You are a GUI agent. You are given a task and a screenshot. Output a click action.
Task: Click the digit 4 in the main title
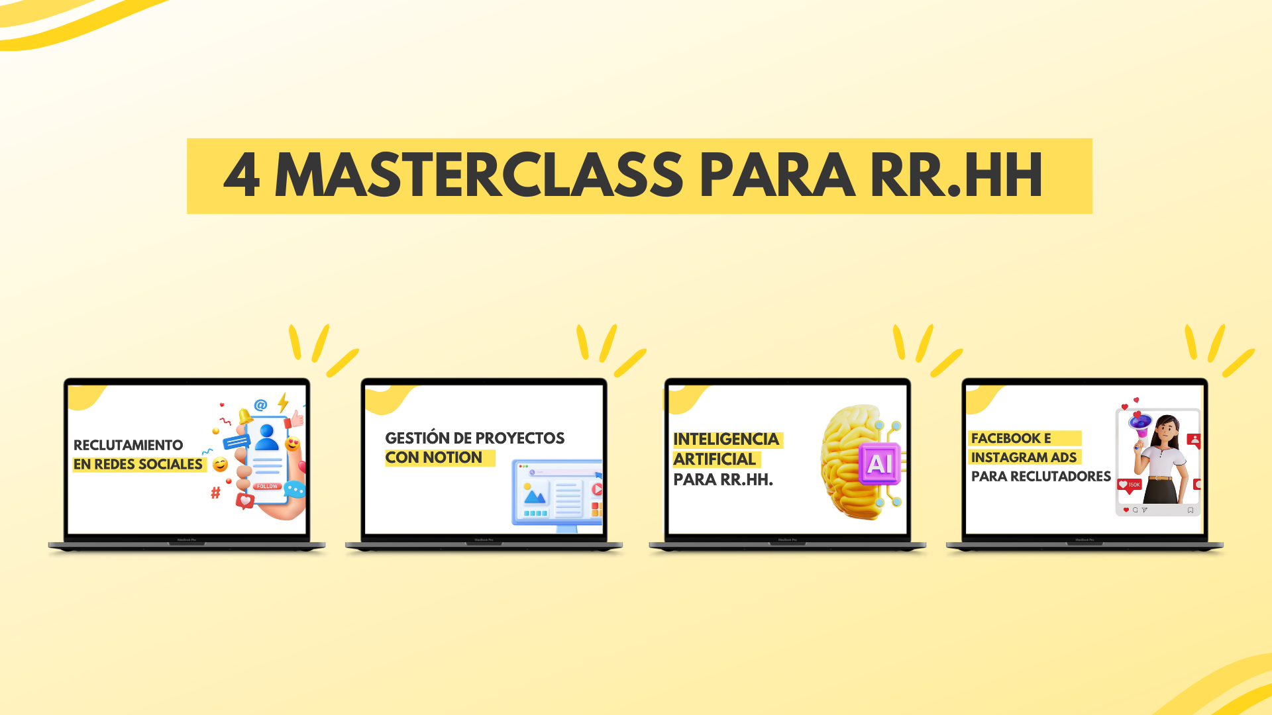pos(241,175)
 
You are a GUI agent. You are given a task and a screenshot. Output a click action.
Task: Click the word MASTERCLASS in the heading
pos(478,175)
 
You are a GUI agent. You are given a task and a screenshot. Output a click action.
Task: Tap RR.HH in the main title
pos(957,175)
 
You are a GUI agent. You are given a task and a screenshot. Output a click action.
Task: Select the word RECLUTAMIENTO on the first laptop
pos(129,445)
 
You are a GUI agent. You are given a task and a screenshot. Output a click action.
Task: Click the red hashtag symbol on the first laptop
pos(215,493)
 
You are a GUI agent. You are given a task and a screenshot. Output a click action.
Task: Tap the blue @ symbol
pos(260,405)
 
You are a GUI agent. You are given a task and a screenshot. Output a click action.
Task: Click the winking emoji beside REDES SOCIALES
pos(221,465)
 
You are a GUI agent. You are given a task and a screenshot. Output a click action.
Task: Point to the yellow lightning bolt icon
pos(283,402)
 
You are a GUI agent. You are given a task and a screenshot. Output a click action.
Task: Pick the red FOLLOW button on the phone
pos(267,487)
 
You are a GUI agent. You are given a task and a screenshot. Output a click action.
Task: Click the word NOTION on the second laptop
pos(452,457)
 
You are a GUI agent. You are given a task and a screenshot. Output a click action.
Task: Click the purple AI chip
pos(879,464)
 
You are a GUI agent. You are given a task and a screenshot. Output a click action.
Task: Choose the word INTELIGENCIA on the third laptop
pos(726,440)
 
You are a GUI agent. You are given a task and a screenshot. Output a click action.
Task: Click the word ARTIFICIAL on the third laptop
pos(715,459)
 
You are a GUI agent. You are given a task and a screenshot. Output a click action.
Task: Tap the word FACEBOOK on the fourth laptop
pos(1006,438)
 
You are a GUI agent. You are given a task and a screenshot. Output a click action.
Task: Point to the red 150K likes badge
pos(1130,485)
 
